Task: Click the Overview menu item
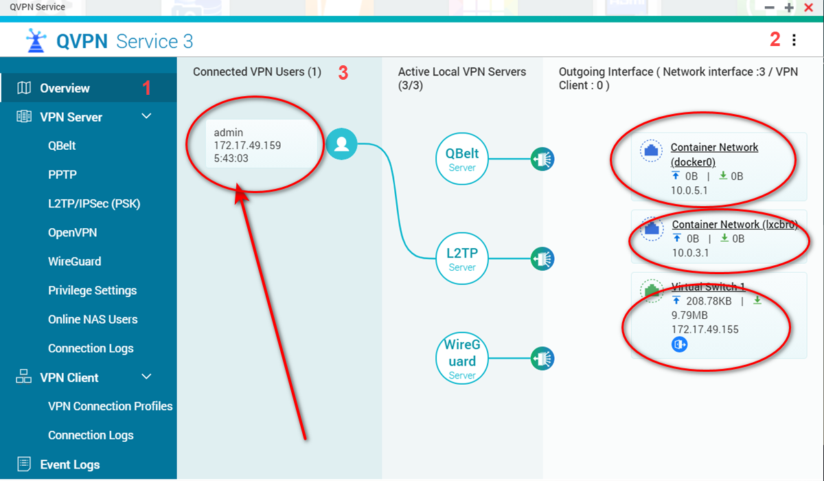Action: coord(65,89)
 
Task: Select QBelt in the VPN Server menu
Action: coord(62,146)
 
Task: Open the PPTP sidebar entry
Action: coord(62,175)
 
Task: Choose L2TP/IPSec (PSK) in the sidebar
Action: coord(94,203)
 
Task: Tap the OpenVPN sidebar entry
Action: coord(73,232)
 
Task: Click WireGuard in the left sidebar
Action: coord(75,261)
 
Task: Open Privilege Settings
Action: coord(92,291)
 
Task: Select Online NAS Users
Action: coord(93,320)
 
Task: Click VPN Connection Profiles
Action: coord(111,406)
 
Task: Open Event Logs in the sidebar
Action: coord(70,465)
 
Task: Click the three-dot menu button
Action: coord(794,40)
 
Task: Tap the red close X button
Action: coord(809,8)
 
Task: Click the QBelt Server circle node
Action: coord(462,159)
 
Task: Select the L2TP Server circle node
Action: coord(462,258)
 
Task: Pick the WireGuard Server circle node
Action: coord(462,359)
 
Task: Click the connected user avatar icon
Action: coord(341,144)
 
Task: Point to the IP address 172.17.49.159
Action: coord(247,146)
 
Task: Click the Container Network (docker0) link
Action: coord(714,155)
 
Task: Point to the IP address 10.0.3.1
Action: coord(690,253)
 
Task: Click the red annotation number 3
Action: coord(343,73)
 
